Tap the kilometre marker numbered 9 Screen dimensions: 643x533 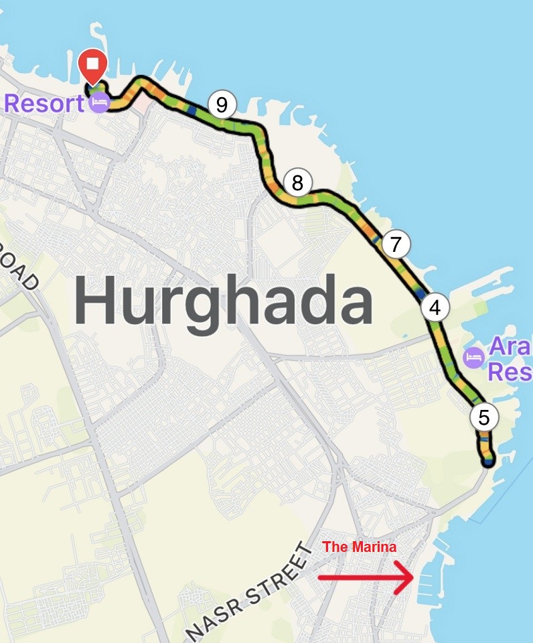222,104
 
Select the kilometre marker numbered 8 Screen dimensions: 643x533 298,182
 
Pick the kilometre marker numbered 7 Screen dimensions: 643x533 396,244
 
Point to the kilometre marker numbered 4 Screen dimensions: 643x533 435,308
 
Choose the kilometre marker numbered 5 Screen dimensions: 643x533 484,417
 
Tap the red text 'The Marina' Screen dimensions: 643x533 360,547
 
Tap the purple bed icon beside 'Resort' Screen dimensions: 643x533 99,103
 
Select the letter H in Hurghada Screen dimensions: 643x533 97,303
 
